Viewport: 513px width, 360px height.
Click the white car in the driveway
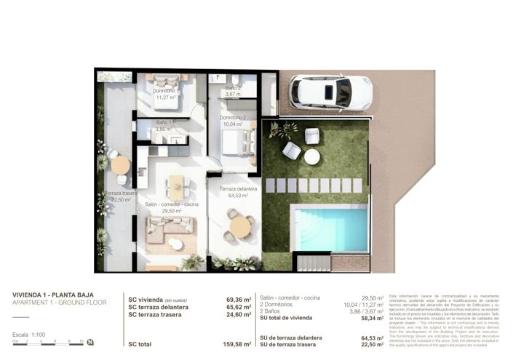pyautogui.click(x=330, y=92)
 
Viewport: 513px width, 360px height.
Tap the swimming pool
pyautogui.click(x=329, y=228)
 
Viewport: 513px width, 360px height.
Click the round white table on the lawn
pyautogui.click(x=312, y=156)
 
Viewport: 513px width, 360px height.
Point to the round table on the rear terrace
pyautogui.click(x=120, y=165)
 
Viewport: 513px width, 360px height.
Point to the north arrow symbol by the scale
pyautogui.click(x=90, y=342)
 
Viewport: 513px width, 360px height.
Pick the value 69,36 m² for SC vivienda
pyautogui.click(x=238, y=299)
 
